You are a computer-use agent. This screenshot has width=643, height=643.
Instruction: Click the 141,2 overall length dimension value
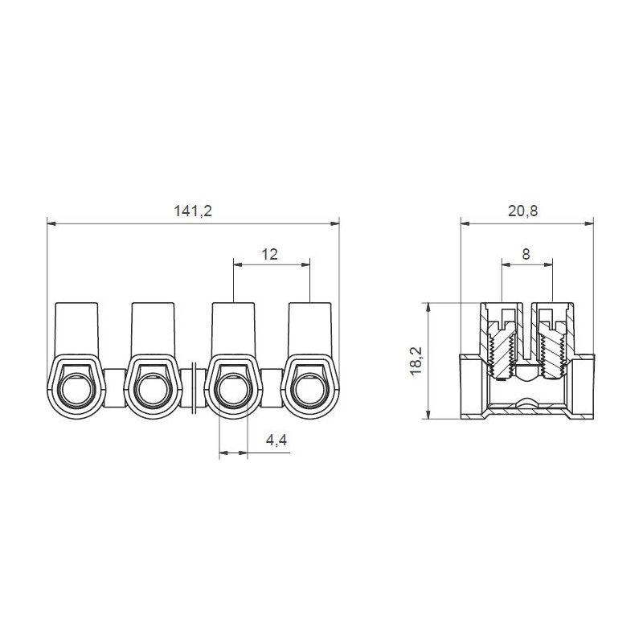point(193,211)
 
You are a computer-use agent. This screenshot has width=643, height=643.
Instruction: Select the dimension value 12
point(269,254)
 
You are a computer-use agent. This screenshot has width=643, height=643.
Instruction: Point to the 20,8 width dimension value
point(524,211)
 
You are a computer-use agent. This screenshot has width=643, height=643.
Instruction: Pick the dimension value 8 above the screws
point(526,254)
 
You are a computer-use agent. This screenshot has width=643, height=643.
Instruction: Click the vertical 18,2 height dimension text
point(415,361)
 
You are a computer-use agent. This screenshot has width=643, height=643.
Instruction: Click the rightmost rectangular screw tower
point(311,328)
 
